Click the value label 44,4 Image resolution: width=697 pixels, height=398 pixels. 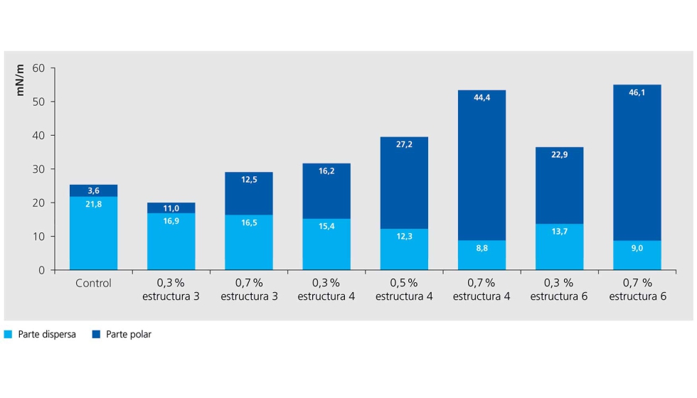(x=481, y=97)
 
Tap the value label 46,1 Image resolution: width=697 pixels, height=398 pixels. (x=637, y=92)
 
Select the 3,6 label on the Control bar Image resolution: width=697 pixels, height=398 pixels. (x=93, y=190)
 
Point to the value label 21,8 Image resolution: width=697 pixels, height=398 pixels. (x=93, y=205)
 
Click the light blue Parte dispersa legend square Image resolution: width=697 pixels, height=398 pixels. (x=9, y=334)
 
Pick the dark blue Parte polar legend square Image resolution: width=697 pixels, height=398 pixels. (x=96, y=334)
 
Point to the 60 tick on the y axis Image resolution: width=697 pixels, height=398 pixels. (x=38, y=68)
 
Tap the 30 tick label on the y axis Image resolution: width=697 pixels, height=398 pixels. (x=38, y=169)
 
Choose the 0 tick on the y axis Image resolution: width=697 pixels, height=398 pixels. (x=42, y=270)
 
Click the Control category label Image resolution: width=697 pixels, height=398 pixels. (x=93, y=283)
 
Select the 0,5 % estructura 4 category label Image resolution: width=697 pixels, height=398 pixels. (x=404, y=289)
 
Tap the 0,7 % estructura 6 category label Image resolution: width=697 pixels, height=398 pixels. (x=637, y=289)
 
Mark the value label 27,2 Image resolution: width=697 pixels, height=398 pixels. (x=404, y=144)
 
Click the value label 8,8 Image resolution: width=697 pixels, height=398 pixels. (x=481, y=248)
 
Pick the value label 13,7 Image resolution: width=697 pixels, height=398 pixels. (x=559, y=232)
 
